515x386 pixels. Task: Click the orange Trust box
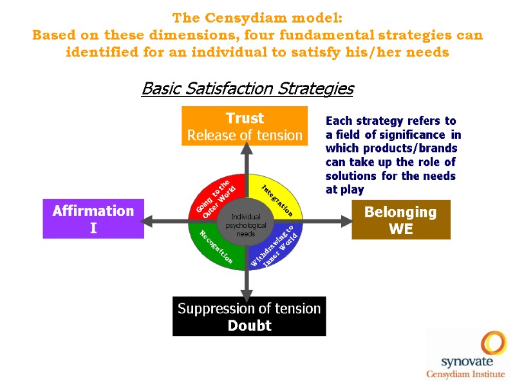(245, 126)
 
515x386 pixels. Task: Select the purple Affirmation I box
(93, 219)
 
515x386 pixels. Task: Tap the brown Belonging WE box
(400, 219)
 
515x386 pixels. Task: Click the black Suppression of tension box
(249, 316)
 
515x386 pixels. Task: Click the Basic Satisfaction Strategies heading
(247, 88)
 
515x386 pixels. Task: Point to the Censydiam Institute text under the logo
(467, 374)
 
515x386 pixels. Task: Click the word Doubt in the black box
(249, 326)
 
